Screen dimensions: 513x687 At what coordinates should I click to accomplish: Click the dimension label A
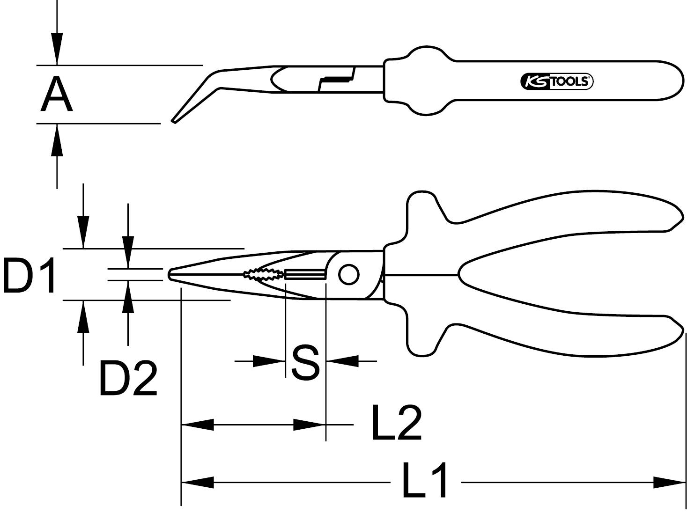point(57,95)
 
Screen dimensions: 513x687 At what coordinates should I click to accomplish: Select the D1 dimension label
point(29,276)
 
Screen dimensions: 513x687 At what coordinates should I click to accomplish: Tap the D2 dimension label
point(127,378)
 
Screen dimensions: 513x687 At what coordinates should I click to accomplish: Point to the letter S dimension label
point(305,363)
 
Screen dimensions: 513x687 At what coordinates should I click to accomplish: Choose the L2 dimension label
point(396,424)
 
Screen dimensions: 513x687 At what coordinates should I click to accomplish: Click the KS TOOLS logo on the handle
point(556,81)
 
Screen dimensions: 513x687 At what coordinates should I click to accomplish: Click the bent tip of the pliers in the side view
point(176,120)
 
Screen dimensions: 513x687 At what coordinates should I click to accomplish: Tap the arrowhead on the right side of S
point(342,361)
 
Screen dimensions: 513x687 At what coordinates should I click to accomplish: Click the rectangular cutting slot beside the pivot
point(305,274)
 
